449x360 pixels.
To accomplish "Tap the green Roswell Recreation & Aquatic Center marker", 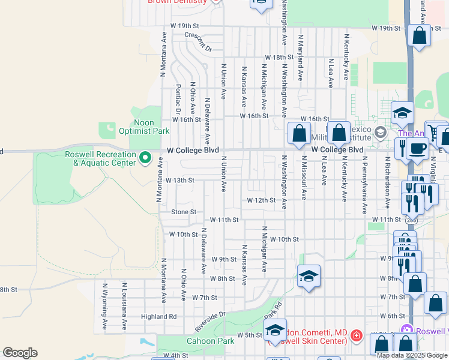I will pyautogui.click(x=145, y=158).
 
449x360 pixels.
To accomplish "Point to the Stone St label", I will pyautogui.click(x=184, y=212).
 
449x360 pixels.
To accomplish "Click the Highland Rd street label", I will pyautogui.click(x=159, y=316).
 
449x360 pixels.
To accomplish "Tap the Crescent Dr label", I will pyautogui.click(x=198, y=41).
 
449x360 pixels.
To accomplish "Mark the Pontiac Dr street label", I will pyautogui.click(x=178, y=98).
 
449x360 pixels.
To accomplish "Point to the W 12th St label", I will pyautogui.click(x=261, y=200).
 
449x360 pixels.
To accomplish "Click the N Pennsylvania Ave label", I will pyautogui.click(x=364, y=185).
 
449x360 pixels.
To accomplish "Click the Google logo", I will pyautogui.click(x=20, y=353).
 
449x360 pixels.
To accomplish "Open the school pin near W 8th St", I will pyautogui.click(x=309, y=276).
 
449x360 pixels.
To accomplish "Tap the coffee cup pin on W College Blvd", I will pyautogui.click(x=417, y=148).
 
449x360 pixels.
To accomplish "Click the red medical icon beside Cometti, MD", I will pyautogui.click(x=356, y=335).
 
